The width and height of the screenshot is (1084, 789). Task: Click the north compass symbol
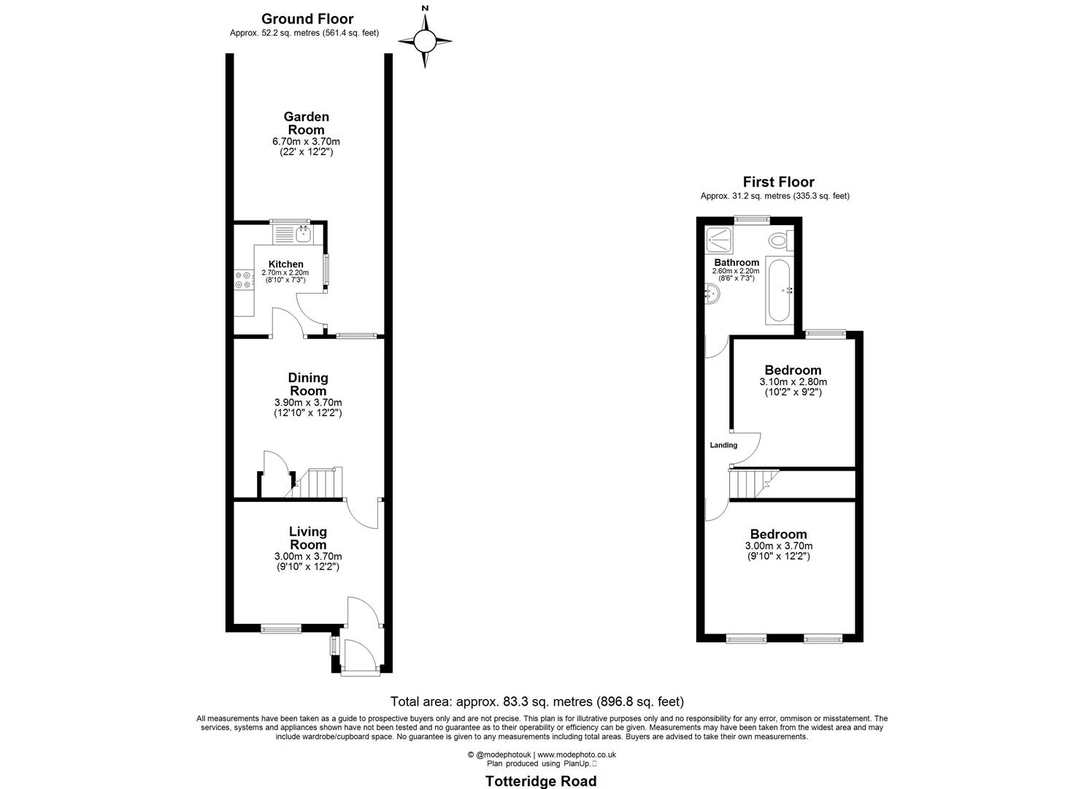(x=425, y=40)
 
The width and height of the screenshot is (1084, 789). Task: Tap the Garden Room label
(x=306, y=123)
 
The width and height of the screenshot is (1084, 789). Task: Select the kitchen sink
(x=303, y=235)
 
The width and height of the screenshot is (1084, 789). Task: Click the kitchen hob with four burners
(x=243, y=280)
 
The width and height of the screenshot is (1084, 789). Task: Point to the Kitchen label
(x=285, y=264)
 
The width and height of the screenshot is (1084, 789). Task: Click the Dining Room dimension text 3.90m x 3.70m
(x=307, y=403)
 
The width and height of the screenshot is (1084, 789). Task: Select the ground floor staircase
(x=322, y=483)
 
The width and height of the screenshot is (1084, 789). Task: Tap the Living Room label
(x=307, y=538)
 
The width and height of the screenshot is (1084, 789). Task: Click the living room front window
(x=281, y=628)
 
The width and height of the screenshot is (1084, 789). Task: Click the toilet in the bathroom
(x=779, y=239)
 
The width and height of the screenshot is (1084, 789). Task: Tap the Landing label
(x=723, y=445)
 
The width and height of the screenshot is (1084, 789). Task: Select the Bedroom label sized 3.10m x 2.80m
(x=793, y=370)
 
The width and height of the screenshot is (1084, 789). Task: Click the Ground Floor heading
(x=307, y=19)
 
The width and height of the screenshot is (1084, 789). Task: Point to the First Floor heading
(x=778, y=182)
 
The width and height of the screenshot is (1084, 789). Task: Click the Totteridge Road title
(x=541, y=781)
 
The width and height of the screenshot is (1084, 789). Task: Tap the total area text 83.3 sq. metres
(x=537, y=701)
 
